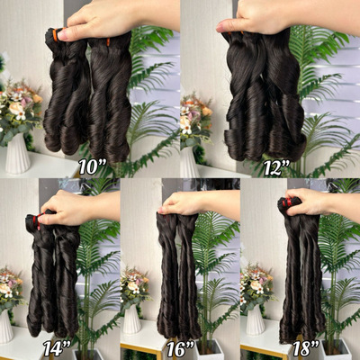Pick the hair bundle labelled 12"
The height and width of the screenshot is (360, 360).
[x=262, y=99]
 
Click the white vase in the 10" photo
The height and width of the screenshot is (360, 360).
[x=18, y=153]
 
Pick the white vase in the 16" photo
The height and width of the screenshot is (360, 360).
[x=132, y=319]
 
